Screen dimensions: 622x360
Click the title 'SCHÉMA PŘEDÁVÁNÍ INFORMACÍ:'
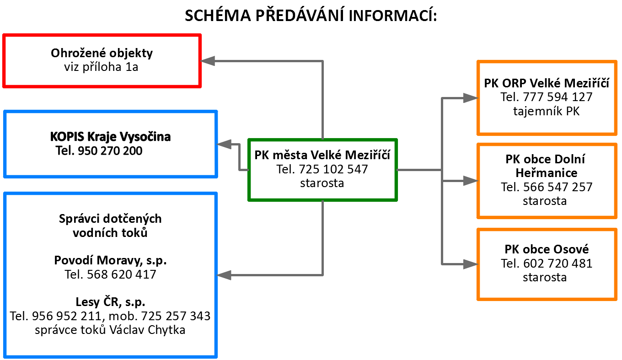click(311, 16)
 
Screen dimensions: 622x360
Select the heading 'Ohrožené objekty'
click(102, 53)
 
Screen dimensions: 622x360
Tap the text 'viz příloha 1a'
click(101, 67)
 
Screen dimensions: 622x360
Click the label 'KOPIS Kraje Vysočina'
click(110, 137)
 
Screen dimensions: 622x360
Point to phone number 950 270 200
click(110, 151)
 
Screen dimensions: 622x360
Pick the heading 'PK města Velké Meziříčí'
click(322, 155)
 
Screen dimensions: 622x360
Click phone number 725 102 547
click(333, 169)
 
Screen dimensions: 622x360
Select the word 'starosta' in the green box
click(322, 183)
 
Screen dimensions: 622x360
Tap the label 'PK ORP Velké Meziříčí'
click(547, 83)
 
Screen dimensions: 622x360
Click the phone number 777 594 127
click(558, 97)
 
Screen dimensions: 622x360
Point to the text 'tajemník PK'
click(547, 112)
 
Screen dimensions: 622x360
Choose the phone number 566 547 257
click(558, 187)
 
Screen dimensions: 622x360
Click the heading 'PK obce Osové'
click(547, 249)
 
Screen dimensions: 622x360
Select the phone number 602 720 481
click(558, 263)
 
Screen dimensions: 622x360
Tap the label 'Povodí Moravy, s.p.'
click(110, 261)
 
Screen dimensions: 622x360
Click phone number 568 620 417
click(121, 274)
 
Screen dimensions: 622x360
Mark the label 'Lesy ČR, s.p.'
click(110, 302)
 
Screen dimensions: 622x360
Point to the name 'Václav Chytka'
click(147, 330)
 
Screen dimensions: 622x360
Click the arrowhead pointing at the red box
click(208, 61)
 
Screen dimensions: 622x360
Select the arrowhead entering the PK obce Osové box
click(471, 264)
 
